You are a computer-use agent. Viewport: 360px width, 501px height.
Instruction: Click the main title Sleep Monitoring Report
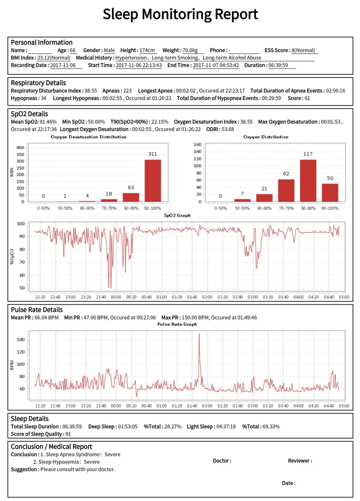tap(180, 14)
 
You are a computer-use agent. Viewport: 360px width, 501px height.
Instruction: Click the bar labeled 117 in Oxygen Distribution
tap(308, 180)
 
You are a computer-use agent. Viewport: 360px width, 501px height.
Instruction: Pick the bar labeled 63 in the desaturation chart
tap(131, 197)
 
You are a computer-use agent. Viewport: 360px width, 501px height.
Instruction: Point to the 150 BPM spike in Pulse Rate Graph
tap(199, 336)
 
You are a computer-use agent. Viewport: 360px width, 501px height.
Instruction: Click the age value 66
tap(73, 50)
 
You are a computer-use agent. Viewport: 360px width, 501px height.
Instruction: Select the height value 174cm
tap(147, 50)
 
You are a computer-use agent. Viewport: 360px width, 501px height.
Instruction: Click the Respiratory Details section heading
tap(38, 83)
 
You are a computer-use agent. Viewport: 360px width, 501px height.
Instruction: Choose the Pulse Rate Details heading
tap(36, 310)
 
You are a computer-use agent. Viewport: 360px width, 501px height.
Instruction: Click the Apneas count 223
tap(127, 91)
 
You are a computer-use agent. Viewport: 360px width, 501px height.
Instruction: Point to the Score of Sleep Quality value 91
tap(68, 434)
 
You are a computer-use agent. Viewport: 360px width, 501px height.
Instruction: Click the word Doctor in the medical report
tap(222, 461)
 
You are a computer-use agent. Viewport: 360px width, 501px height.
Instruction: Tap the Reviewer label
tap(300, 461)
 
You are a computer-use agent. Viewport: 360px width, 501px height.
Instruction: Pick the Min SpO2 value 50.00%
tap(94, 122)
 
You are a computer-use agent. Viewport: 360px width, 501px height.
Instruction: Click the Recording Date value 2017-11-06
tap(66, 65)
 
